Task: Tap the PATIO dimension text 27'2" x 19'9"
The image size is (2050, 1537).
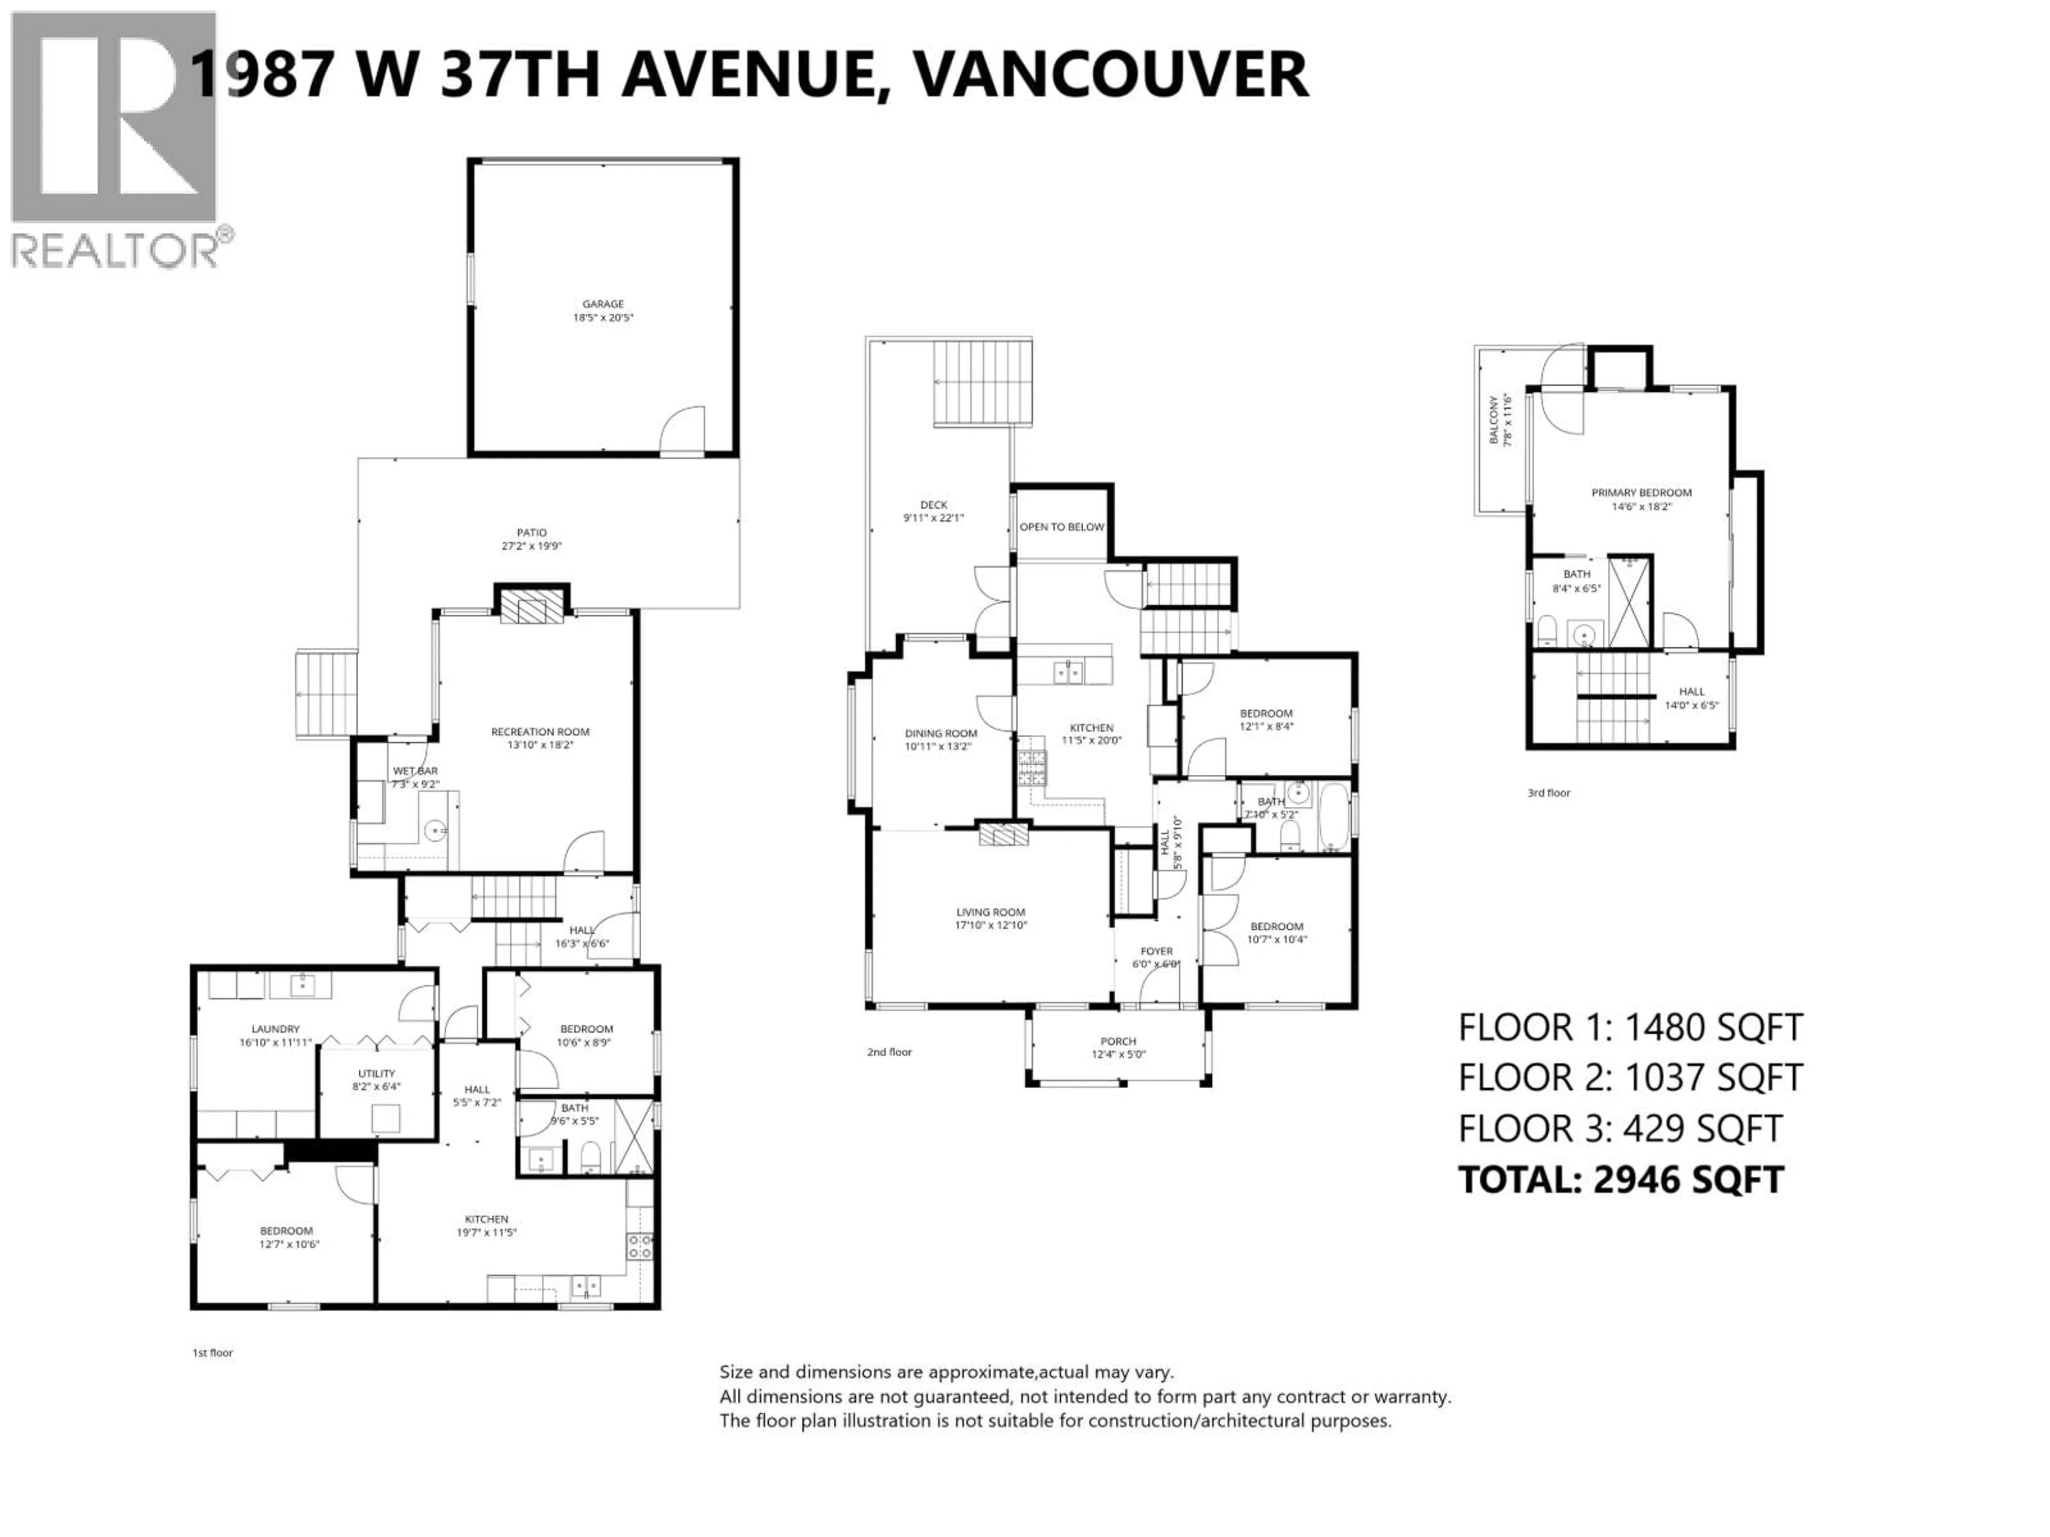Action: point(531,546)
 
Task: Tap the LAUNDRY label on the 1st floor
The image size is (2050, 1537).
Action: point(275,1028)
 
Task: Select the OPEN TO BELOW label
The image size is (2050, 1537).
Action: point(1061,527)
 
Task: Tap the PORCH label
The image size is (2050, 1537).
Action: point(1118,1041)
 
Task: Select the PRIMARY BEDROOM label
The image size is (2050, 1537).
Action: point(1641,493)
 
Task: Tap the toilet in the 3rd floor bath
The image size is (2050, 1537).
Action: point(1546,632)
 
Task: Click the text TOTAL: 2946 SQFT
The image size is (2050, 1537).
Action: point(1621,1179)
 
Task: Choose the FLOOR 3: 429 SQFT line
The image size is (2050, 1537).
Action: point(1620,1128)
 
